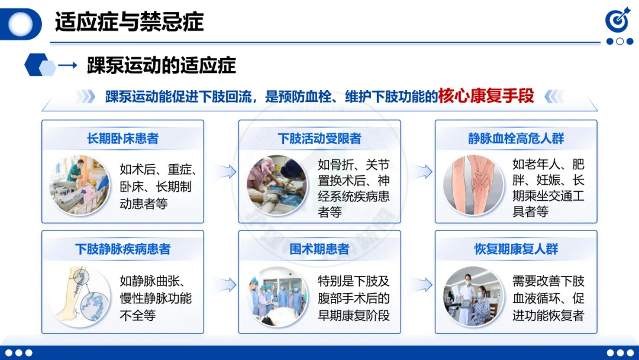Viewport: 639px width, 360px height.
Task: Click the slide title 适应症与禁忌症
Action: click(x=129, y=22)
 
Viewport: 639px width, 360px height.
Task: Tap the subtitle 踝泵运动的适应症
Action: click(x=162, y=65)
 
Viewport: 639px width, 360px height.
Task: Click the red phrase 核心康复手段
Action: click(x=486, y=97)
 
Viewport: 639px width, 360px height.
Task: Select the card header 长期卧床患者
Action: click(x=122, y=139)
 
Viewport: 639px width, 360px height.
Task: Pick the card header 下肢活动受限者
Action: click(x=319, y=139)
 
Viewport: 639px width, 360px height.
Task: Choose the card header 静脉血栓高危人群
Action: click(x=516, y=139)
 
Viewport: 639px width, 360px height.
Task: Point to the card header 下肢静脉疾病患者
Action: click(x=122, y=249)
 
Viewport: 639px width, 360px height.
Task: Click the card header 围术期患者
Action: click(x=319, y=249)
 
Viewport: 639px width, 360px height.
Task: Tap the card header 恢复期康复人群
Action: click(x=516, y=249)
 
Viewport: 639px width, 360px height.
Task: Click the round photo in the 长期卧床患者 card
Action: click(x=79, y=185)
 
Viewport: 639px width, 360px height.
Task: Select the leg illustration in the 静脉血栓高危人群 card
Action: click(x=473, y=185)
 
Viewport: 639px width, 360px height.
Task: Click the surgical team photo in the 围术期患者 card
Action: click(x=277, y=297)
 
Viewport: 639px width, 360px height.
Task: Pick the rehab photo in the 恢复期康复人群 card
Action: click(x=473, y=297)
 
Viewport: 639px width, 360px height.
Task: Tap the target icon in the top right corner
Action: click(x=617, y=20)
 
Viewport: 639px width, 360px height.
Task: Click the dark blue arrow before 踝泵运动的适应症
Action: click(x=67, y=65)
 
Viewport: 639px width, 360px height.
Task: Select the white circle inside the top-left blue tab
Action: click(x=20, y=24)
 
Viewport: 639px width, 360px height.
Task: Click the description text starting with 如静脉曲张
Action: click(x=156, y=298)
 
